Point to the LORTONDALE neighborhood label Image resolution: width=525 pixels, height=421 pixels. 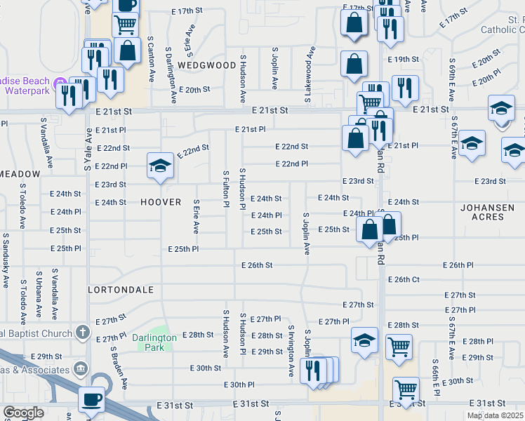116,289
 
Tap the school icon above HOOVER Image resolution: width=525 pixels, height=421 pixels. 160,166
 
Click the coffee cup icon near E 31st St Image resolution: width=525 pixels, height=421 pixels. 91,399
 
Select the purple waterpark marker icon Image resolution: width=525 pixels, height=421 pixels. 60,83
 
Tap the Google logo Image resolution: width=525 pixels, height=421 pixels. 22,413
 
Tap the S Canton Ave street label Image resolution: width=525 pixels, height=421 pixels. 150,60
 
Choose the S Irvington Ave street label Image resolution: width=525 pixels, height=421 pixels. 291,351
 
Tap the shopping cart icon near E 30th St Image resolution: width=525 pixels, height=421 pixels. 406,389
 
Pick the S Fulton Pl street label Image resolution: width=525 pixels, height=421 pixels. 226,189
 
